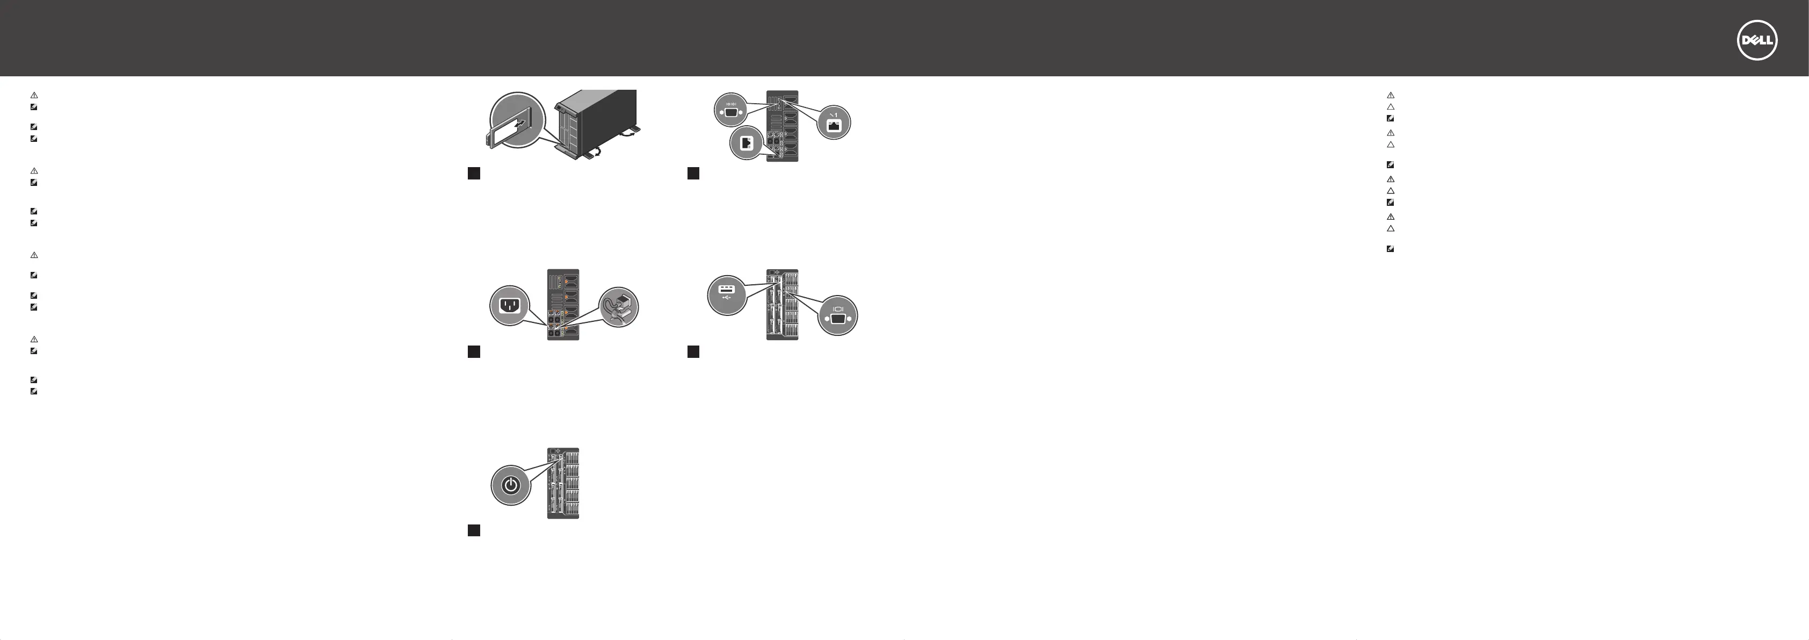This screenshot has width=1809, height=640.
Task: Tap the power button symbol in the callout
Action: [511, 485]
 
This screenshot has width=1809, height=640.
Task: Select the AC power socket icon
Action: [509, 306]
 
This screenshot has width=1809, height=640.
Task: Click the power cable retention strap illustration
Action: [619, 307]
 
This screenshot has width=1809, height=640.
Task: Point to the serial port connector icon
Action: [730, 111]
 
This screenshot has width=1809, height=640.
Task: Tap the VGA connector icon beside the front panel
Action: [838, 317]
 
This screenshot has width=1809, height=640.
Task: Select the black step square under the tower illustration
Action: [474, 173]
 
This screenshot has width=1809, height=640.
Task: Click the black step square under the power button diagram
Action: [474, 530]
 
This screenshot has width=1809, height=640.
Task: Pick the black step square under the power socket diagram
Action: [474, 352]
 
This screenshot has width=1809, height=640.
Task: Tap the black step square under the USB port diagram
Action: [693, 352]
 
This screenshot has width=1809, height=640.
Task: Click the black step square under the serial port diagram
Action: [693, 173]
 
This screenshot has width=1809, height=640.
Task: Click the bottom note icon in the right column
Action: [1391, 249]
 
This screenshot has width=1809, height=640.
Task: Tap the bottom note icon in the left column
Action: [34, 391]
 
